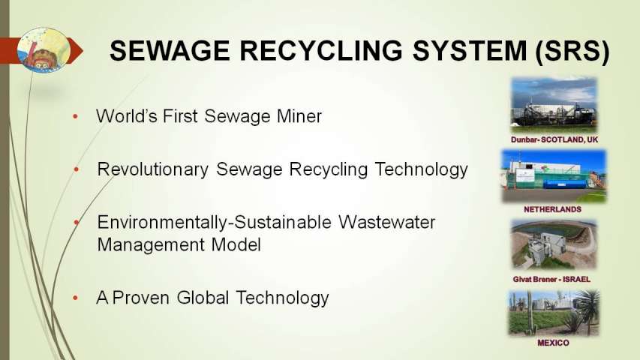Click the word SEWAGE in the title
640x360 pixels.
point(170,50)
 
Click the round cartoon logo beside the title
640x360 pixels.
point(44,49)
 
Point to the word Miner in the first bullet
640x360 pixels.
point(299,116)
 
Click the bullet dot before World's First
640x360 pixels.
point(75,117)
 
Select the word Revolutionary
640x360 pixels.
point(152,169)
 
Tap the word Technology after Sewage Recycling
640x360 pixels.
point(421,169)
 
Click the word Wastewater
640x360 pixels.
point(387,223)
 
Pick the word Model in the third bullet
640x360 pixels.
point(236,245)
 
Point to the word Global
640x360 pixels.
point(203,298)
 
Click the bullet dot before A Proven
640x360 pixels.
point(75,298)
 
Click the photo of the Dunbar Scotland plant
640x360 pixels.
point(554,104)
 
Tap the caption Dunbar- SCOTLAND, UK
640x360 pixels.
point(554,139)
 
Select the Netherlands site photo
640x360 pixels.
point(554,176)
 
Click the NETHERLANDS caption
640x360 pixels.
point(553,209)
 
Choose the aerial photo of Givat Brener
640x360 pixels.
point(554,244)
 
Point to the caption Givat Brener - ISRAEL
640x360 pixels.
point(551,280)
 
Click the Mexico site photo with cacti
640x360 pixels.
point(554,313)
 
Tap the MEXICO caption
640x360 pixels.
point(553,343)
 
